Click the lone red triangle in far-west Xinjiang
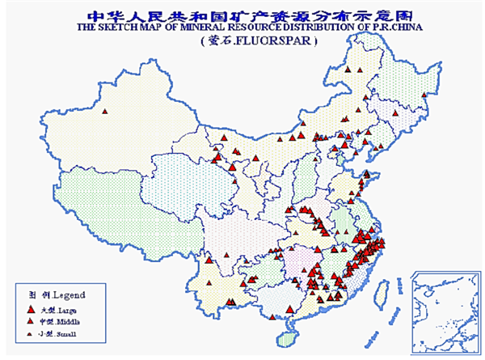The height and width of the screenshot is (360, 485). pos(104,111)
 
